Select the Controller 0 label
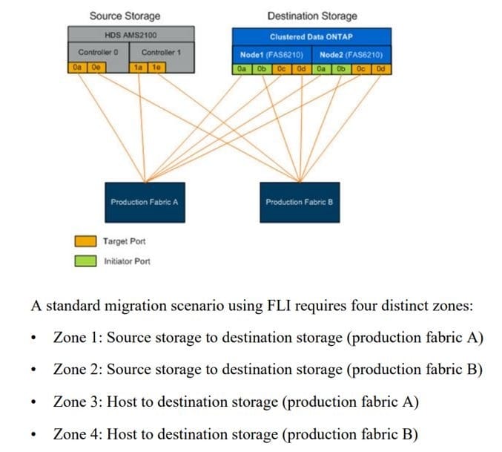click(x=98, y=52)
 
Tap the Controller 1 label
click(x=162, y=52)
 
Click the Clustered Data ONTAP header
click(x=311, y=36)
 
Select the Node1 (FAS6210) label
click(x=272, y=54)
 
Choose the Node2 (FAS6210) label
click(x=351, y=54)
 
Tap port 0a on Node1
click(x=242, y=69)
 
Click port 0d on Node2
click(x=381, y=69)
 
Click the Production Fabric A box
click(x=145, y=202)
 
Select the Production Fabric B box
click(x=300, y=202)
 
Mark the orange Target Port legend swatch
click(x=85, y=241)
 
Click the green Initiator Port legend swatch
click(x=85, y=261)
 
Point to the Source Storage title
click(x=125, y=16)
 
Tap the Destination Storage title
click(x=311, y=16)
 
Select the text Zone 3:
click(x=78, y=402)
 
